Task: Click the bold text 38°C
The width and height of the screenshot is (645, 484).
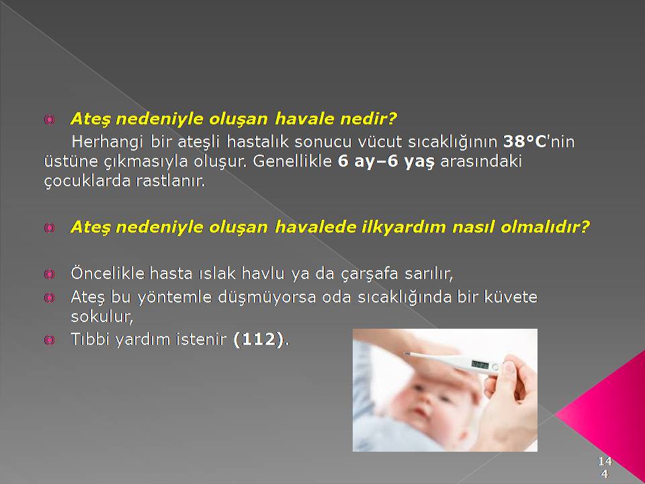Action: click(x=525, y=142)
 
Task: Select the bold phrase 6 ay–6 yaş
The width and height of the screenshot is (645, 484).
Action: click(x=386, y=161)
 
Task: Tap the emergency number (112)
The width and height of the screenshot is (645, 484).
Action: click(x=259, y=339)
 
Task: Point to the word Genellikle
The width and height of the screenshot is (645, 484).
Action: click(x=292, y=161)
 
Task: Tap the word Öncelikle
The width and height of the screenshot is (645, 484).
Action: click(x=107, y=274)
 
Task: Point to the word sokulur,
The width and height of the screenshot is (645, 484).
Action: click(x=102, y=317)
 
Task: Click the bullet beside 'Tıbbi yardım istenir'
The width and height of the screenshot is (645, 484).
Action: click(x=49, y=340)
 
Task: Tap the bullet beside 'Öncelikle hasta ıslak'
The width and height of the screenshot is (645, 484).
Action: click(x=49, y=274)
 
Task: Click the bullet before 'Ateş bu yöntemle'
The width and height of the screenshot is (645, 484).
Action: click(x=49, y=298)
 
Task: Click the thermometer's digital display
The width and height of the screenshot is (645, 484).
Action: click(x=480, y=364)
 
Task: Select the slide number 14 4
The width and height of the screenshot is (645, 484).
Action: click(x=605, y=467)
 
